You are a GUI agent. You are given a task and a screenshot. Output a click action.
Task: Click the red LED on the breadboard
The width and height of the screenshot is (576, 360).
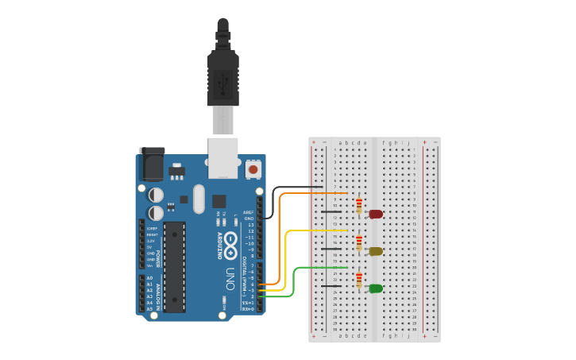pyautogui.click(x=376, y=214)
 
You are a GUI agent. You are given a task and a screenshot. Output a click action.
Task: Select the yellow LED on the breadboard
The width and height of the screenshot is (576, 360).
pyautogui.click(x=376, y=251)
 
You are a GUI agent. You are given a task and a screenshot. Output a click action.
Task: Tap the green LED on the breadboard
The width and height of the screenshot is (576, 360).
pyautogui.click(x=376, y=288)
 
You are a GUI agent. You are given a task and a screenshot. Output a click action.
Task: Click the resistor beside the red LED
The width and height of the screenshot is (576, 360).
pyautogui.click(x=359, y=207)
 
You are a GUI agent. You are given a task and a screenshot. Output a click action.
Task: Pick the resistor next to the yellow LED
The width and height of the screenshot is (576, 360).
pyautogui.click(x=359, y=243)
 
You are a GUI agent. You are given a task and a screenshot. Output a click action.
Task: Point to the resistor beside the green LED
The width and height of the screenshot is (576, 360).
pyautogui.click(x=359, y=281)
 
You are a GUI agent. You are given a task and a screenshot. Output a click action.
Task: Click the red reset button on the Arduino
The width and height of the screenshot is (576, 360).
pyautogui.click(x=253, y=168)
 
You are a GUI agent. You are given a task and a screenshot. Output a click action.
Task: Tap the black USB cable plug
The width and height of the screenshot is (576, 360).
pyautogui.click(x=223, y=75)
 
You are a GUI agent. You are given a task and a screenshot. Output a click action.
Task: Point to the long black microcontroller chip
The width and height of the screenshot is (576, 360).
pyautogui.click(x=175, y=266)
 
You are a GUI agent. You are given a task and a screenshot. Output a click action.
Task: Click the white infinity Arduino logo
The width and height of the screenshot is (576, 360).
pyautogui.click(x=230, y=243)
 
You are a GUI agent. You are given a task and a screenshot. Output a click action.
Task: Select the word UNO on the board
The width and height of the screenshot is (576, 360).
pyautogui.click(x=230, y=277)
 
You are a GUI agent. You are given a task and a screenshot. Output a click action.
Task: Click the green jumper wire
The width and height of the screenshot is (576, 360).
pyautogui.click(x=294, y=282)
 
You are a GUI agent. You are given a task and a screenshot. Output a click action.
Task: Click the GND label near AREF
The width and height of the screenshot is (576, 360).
pyautogui.click(x=249, y=219)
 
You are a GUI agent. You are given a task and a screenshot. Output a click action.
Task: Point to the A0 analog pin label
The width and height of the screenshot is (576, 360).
pyautogui.click(x=149, y=278)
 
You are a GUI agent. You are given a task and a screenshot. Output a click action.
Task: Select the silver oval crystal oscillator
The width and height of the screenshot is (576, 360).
pyautogui.click(x=198, y=199)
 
